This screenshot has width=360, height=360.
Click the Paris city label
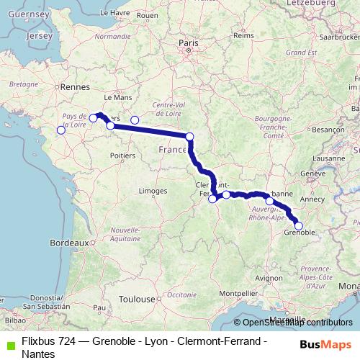(188, 44)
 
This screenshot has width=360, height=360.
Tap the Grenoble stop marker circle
(299, 226)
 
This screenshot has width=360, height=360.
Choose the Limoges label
(153, 191)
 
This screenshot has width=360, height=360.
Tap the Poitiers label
(125, 155)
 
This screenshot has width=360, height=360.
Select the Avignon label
(269, 277)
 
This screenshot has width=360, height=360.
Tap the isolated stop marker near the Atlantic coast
(61, 130)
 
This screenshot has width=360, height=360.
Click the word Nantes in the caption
(37, 354)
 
